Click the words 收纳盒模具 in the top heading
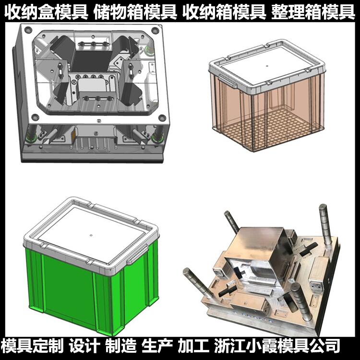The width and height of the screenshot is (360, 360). coord(46,12)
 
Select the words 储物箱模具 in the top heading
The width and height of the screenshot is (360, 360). coord(135,12)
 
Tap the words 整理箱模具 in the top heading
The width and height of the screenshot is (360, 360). coord(313,12)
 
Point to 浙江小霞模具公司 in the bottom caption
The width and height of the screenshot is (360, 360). coord(277,346)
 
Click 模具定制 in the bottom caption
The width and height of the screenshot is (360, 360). coord(32,346)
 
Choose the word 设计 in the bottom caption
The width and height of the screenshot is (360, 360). coord(84,346)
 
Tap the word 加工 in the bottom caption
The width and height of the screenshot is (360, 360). coord(193,346)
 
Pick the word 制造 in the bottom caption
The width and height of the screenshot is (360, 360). coord(121,346)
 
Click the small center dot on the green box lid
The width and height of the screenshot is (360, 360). coord(91,236)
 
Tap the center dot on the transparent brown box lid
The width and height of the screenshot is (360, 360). coord(267,66)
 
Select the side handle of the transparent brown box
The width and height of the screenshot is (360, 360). coord(227,81)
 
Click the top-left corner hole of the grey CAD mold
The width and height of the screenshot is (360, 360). coord(28,30)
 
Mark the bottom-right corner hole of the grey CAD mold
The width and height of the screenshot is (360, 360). coord(162,118)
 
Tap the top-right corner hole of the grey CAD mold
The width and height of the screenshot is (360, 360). coord(155,30)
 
